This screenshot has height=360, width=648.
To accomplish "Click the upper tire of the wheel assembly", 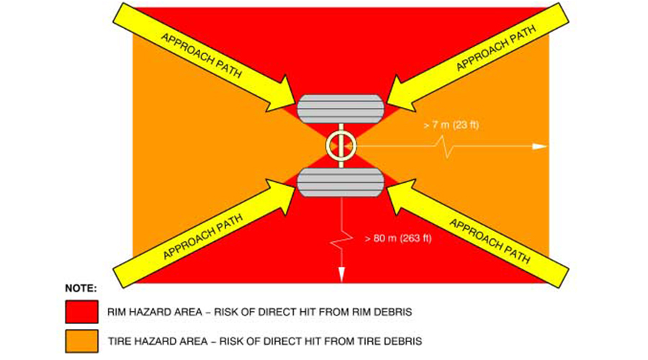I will [x=339, y=112].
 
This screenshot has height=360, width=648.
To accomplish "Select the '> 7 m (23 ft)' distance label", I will [x=452, y=126].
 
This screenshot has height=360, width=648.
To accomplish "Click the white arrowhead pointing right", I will [x=539, y=146].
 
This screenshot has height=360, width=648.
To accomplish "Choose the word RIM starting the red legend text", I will [x=118, y=312].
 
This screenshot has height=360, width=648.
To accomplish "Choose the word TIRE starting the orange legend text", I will [x=120, y=340].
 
